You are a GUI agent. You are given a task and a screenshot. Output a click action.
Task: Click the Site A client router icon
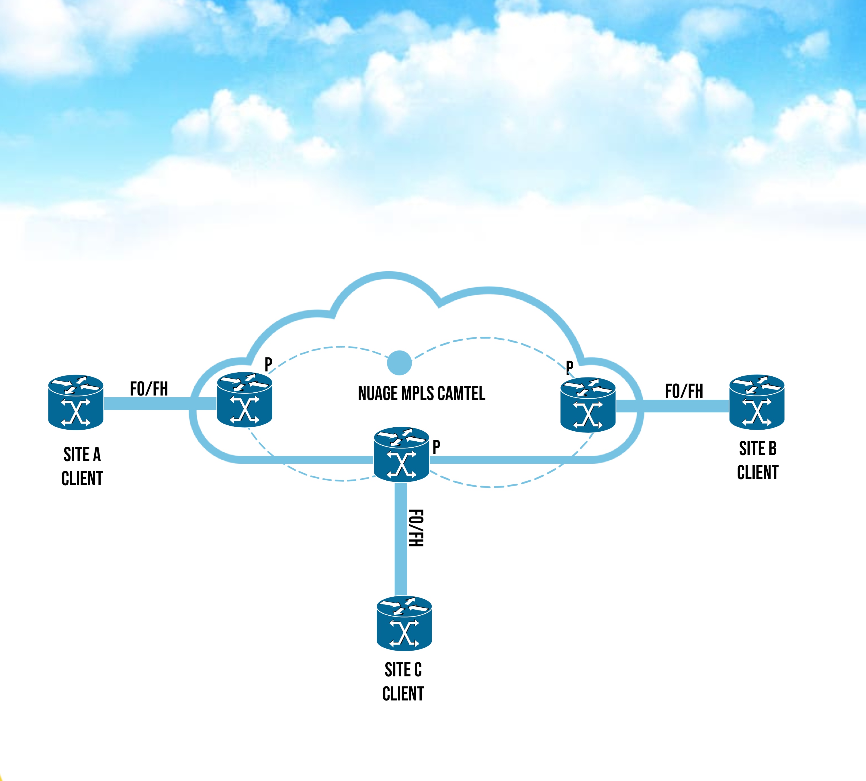[75, 402]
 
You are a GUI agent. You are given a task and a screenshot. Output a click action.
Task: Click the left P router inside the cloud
[244, 400]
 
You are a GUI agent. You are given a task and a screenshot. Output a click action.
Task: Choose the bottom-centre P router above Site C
[401, 455]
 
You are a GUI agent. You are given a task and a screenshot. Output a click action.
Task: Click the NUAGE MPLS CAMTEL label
[421, 394]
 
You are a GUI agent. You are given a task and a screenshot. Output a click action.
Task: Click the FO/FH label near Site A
[149, 389]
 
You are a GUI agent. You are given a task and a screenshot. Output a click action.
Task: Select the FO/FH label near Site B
[684, 391]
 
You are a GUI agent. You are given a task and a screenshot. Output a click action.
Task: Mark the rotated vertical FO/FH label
[415, 528]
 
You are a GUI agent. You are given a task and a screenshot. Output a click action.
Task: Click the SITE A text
[82, 455]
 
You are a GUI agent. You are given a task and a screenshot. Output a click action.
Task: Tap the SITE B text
[757, 449]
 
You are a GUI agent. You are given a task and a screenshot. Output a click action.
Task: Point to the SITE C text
[403, 670]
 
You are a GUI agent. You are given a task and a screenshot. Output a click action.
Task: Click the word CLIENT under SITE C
[403, 694]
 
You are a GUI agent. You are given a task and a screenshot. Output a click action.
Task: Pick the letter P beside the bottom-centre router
[436, 447]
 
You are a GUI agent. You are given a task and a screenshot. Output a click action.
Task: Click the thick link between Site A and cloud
[160, 403]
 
